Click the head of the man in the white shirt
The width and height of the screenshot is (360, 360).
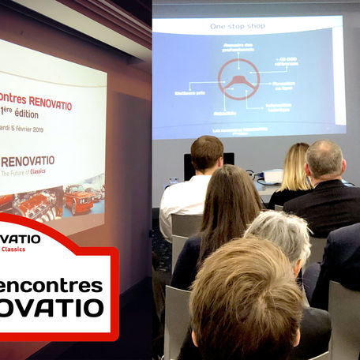[207, 153]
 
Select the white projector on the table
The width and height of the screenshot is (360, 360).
[271, 177]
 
